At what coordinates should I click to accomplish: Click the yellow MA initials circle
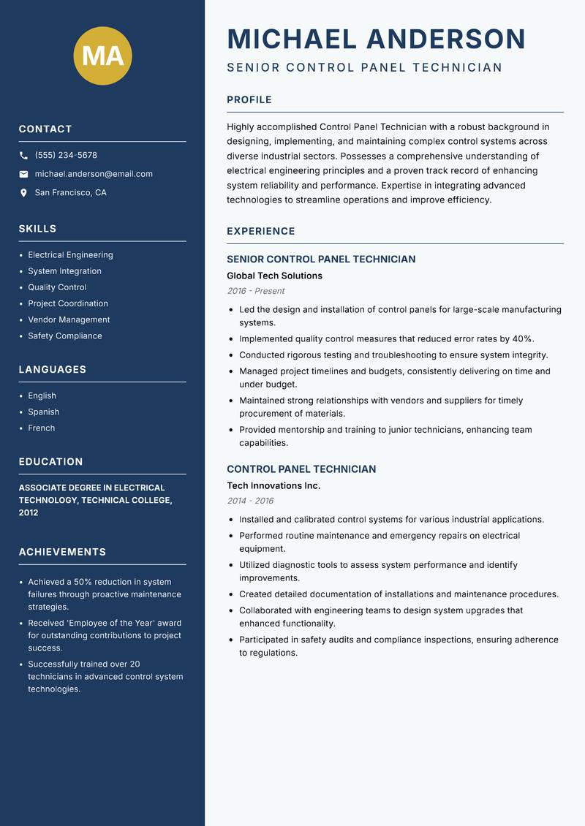102,56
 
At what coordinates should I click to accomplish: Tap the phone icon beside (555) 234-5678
23,156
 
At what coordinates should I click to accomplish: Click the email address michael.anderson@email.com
94,174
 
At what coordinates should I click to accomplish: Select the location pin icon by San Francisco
23,193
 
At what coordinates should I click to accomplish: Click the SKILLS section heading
37,229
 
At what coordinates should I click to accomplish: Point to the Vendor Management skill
69,319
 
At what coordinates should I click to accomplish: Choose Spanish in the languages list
43,412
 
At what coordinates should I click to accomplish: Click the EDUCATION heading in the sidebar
50,462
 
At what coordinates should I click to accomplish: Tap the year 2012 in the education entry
29,512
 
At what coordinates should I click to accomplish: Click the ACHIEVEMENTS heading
62,552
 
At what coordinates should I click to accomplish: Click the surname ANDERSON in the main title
445,39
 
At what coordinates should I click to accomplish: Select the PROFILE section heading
249,100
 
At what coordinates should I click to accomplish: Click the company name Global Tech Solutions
274,276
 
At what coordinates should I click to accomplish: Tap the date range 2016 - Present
255,291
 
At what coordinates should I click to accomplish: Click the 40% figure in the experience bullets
521,338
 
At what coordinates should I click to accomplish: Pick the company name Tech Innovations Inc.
273,485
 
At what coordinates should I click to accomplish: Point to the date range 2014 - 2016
250,501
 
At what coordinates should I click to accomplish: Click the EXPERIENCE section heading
260,231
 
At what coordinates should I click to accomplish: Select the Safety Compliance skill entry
65,336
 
